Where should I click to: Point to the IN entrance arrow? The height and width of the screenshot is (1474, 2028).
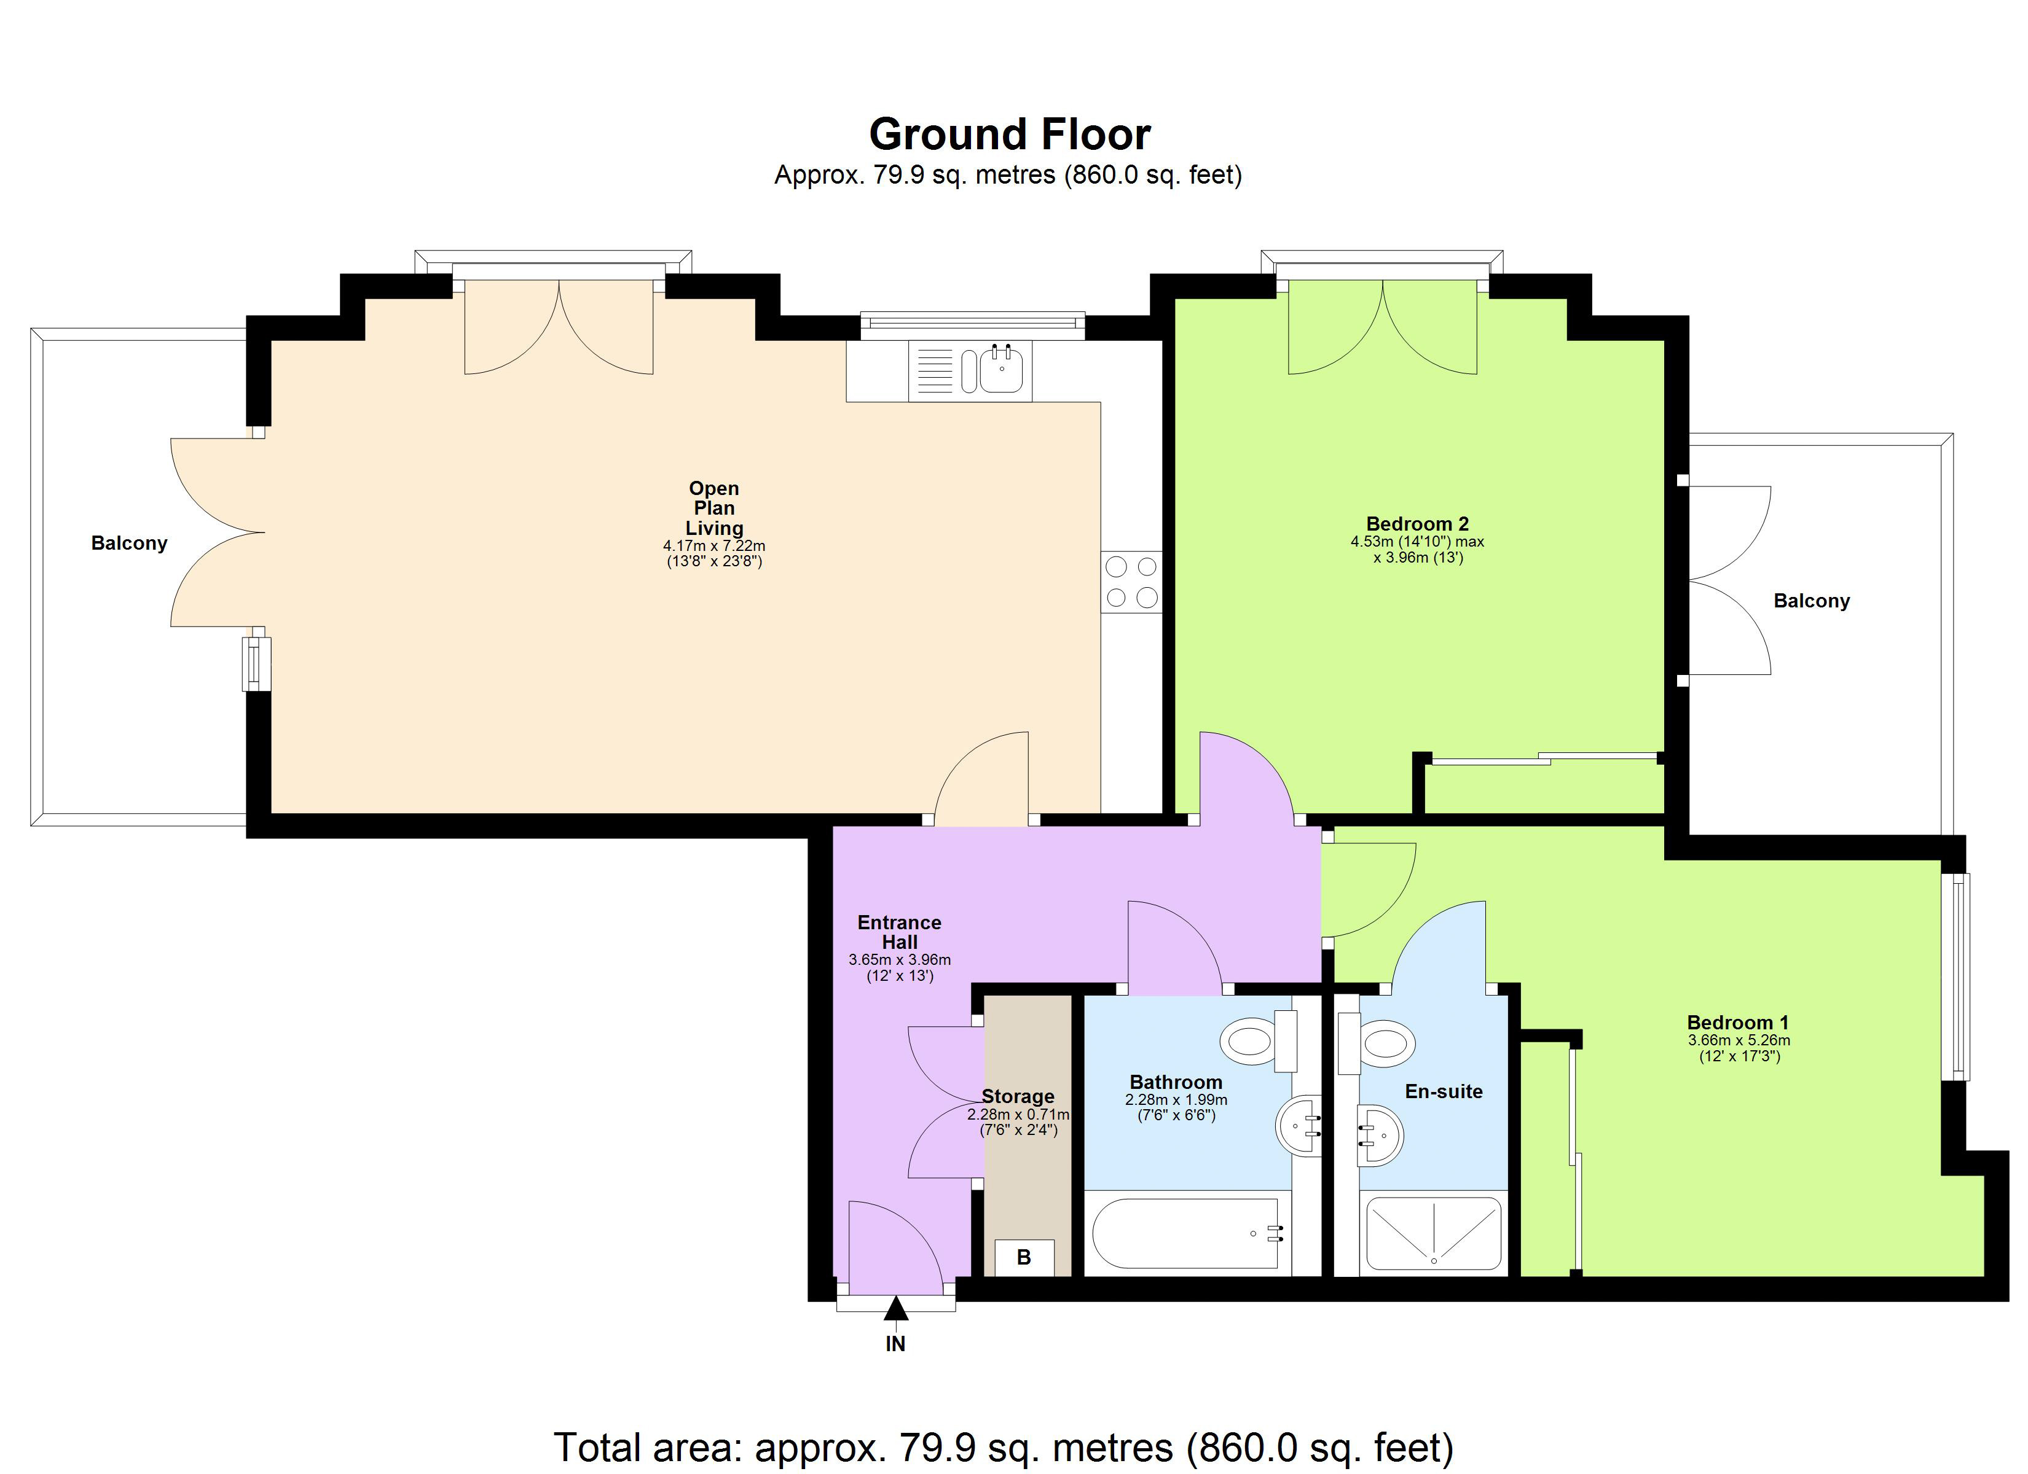[x=896, y=1311]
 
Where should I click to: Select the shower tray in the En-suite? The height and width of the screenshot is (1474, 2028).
[x=1433, y=1233]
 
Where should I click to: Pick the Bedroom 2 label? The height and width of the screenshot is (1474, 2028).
[x=1417, y=524]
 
